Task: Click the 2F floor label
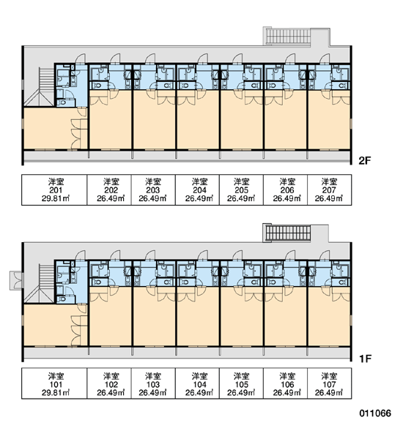click(365, 161)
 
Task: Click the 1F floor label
click(365, 359)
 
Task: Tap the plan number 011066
click(375, 413)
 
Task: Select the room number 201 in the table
click(56, 190)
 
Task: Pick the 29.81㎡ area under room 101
click(56, 392)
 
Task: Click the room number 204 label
click(199, 190)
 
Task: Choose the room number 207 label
click(329, 190)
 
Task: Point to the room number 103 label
click(153, 384)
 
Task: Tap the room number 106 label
click(287, 384)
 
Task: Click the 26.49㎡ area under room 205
click(241, 198)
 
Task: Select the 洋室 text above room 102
click(111, 376)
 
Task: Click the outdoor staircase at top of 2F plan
click(289, 37)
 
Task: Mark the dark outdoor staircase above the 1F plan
click(288, 233)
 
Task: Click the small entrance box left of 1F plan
click(17, 280)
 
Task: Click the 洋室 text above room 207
click(329, 181)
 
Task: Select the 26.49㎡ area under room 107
click(329, 392)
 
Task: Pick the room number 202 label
click(111, 190)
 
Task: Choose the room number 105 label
click(241, 384)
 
